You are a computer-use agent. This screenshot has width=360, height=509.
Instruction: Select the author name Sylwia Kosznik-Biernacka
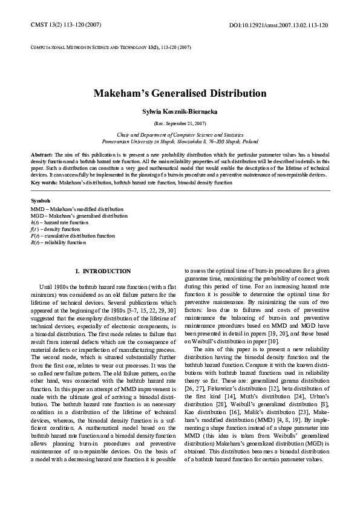click(180, 111)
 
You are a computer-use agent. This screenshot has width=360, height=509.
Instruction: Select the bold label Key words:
click(44, 182)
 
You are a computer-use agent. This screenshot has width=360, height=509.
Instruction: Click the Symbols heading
click(41, 200)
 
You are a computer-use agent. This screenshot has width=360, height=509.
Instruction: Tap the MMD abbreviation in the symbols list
click(36, 209)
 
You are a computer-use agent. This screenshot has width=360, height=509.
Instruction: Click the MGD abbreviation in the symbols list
click(36, 216)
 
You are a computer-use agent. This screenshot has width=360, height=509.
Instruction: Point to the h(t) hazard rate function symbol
click(35, 222)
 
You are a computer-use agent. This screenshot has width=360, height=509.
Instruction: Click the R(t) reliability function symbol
click(36, 242)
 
